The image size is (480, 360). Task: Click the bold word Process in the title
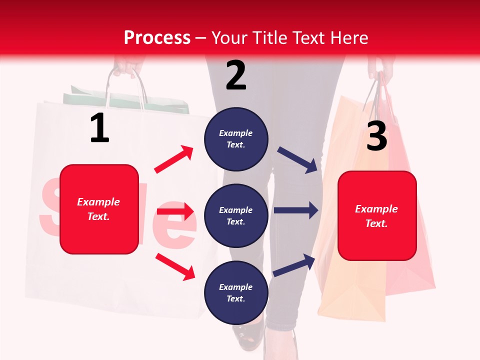[x=157, y=38]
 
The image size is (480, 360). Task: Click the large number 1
[x=99, y=128]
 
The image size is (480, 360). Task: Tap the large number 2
[x=236, y=75]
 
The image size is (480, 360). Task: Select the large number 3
[x=376, y=136]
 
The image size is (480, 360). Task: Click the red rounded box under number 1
[x=99, y=209]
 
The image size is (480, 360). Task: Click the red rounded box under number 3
[x=377, y=216]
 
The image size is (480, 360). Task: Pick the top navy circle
[x=236, y=139]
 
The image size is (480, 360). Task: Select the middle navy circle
[x=236, y=215]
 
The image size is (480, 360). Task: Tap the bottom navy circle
[x=236, y=292]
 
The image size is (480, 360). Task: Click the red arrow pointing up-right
[x=174, y=159]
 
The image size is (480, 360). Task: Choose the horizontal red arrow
[x=175, y=211]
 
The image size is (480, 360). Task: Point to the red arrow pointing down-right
[x=175, y=266]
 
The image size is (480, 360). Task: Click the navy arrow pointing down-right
[x=297, y=160]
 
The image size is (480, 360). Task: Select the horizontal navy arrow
[x=296, y=210]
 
